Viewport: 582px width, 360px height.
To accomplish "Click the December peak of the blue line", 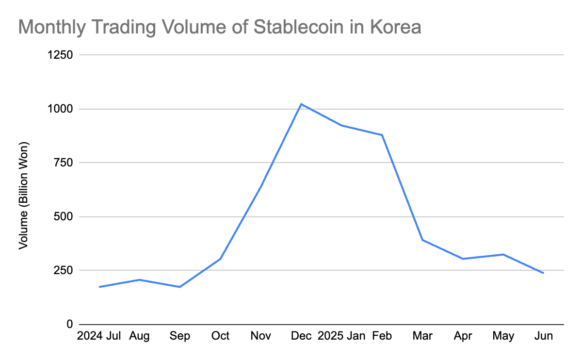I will (x=301, y=104).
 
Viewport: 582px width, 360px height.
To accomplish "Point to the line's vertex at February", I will (x=382, y=135).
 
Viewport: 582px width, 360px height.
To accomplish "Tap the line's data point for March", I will (x=422, y=240).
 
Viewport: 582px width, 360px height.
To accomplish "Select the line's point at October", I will (x=221, y=259).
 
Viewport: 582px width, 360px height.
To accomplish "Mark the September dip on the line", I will (x=180, y=287).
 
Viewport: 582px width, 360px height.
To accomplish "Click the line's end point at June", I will (x=544, y=273).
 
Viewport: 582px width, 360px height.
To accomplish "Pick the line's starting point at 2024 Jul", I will (x=99, y=287).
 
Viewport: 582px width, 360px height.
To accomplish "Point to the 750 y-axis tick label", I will (x=64, y=163).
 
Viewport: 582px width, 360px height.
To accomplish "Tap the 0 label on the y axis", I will (x=70, y=324).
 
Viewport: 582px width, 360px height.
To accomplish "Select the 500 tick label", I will (x=64, y=216).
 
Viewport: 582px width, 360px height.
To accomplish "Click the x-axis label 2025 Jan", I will (x=341, y=336).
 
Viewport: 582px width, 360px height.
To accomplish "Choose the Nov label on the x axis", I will (x=261, y=336).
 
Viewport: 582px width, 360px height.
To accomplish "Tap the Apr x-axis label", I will (x=463, y=336).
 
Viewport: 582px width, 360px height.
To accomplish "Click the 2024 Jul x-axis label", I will (x=99, y=336).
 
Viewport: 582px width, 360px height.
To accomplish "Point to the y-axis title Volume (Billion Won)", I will (x=24, y=196).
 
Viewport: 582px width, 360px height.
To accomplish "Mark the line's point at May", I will (x=503, y=254).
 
